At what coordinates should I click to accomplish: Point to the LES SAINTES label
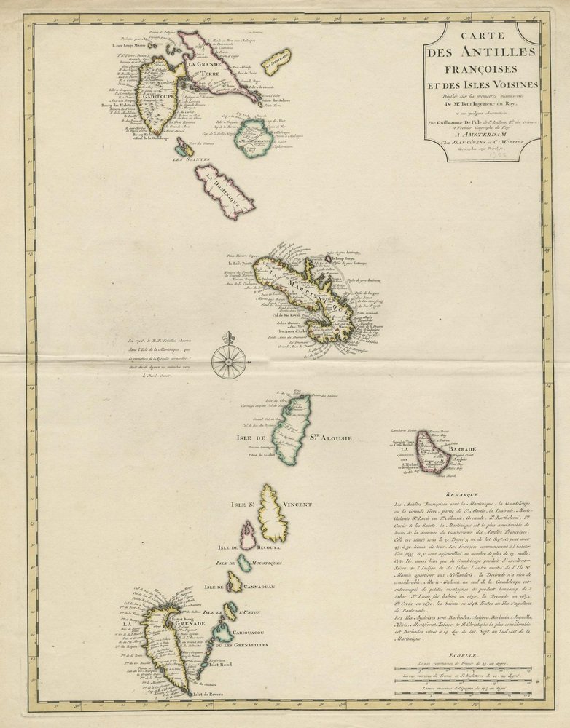(191, 159)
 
